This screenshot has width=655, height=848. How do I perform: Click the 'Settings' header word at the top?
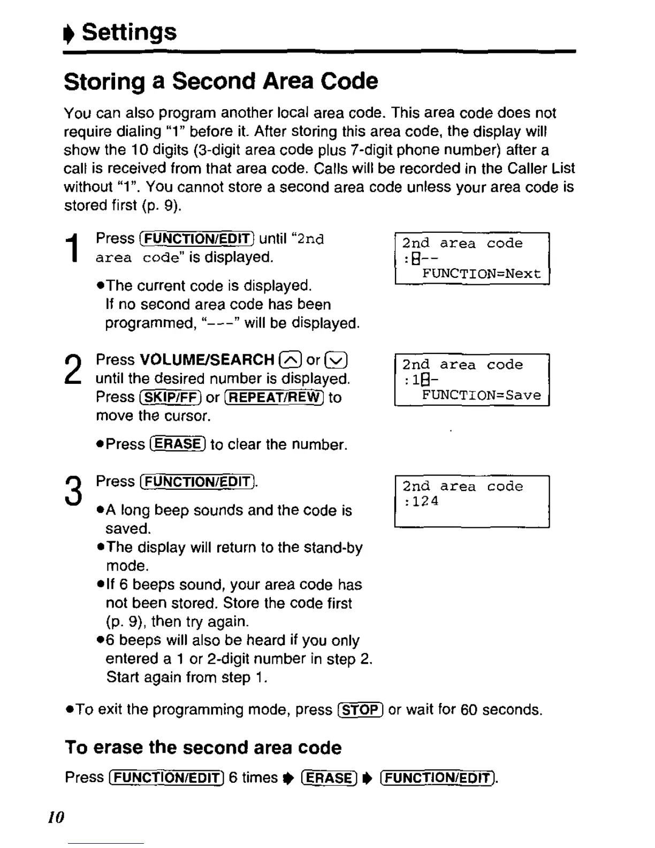coord(129,32)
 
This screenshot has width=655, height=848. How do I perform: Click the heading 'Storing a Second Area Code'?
coord(220,81)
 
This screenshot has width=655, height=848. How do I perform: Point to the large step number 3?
coord(73,491)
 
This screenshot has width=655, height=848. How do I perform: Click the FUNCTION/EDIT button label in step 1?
coord(196,239)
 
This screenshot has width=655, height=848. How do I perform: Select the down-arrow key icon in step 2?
coord(337,360)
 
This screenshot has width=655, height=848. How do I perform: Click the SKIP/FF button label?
coord(170,397)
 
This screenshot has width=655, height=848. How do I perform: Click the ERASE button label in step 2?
coord(178,444)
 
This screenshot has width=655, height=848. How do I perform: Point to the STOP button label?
coord(360,710)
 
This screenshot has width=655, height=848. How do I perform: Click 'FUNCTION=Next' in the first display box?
coord(481,274)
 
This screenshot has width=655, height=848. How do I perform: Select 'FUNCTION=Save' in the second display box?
coord(481,396)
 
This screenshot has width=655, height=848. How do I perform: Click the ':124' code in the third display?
coord(422,502)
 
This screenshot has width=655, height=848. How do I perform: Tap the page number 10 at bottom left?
coord(56,817)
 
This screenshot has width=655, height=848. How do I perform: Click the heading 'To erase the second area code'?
coord(203,747)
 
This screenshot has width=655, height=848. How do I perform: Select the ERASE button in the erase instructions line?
coord(329,778)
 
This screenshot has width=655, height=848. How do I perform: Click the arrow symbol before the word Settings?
coord(69,33)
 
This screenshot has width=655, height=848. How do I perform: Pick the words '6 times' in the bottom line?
coord(253,777)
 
